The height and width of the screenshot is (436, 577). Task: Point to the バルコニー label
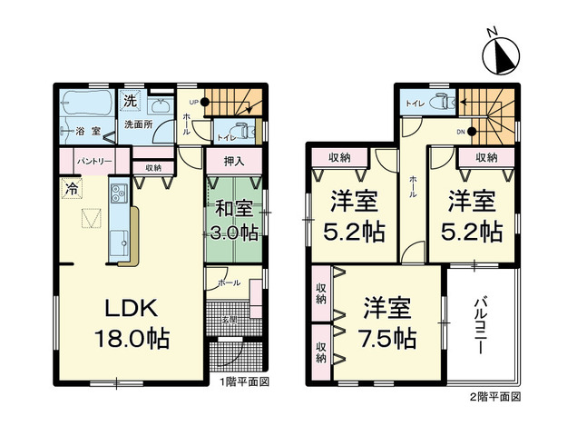481,325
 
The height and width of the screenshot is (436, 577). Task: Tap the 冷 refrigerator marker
70,190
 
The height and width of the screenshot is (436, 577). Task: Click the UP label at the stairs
194,102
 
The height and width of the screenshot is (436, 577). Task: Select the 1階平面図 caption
245,382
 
